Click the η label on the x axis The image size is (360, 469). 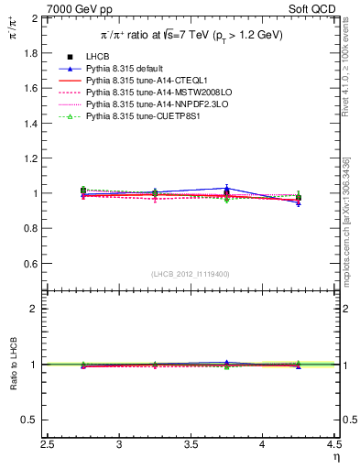pyautogui.click(x=335, y=455)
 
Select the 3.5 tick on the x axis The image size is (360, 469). pyautogui.click(x=191, y=444)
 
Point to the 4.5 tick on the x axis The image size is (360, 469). pyautogui.click(x=334, y=444)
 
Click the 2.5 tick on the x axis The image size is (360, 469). pyautogui.click(x=49, y=444)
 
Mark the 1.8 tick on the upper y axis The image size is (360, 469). pyautogui.click(x=33, y=53)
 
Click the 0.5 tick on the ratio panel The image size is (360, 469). pyautogui.click(x=33, y=420)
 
